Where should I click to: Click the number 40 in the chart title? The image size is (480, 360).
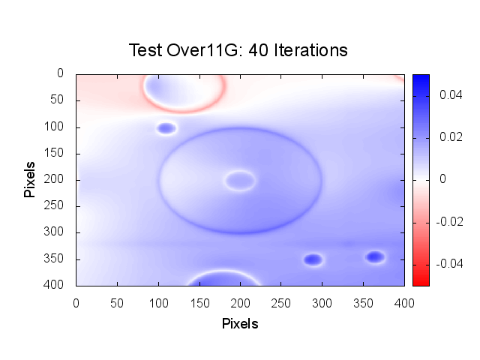[258, 50]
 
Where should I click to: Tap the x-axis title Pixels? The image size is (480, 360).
[240, 324]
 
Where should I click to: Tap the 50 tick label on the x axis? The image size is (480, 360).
[116, 301]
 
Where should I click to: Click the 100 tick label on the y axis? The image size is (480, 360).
[58, 127]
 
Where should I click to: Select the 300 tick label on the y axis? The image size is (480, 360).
[58, 232]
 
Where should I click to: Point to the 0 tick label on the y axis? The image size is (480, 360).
[61, 73]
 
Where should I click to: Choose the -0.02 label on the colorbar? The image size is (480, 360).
[448, 221]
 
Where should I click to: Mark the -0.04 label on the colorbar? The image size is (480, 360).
[448, 263]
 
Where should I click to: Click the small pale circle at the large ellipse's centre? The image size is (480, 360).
[240, 180]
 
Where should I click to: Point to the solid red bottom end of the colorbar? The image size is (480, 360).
[420, 281]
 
